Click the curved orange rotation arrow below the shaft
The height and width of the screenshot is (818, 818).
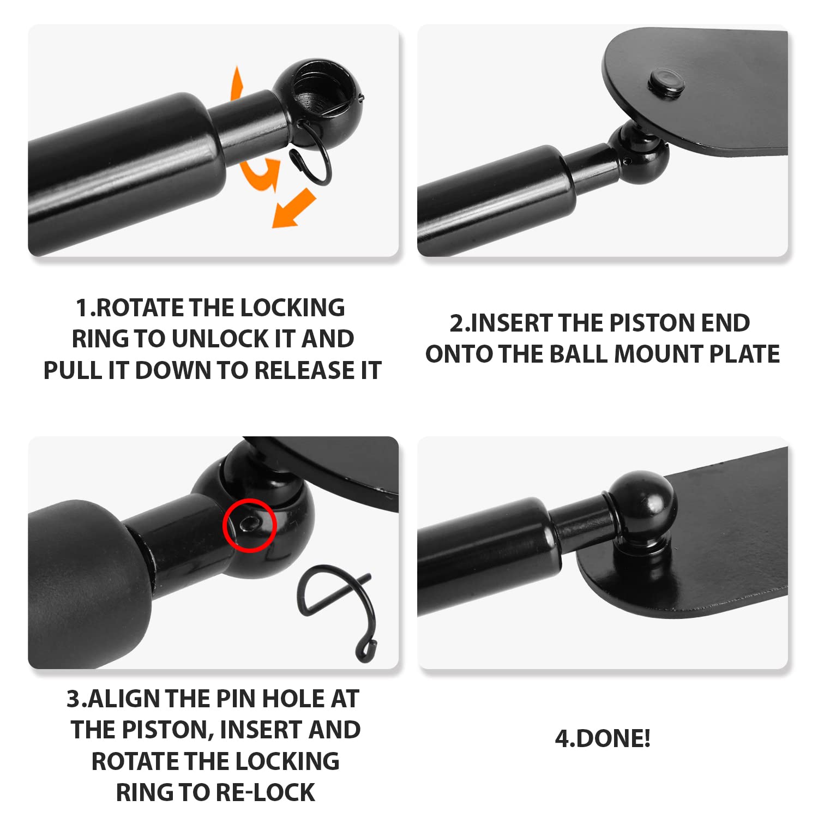click(x=260, y=173)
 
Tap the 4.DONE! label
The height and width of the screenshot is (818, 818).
click(x=603, y=738)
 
